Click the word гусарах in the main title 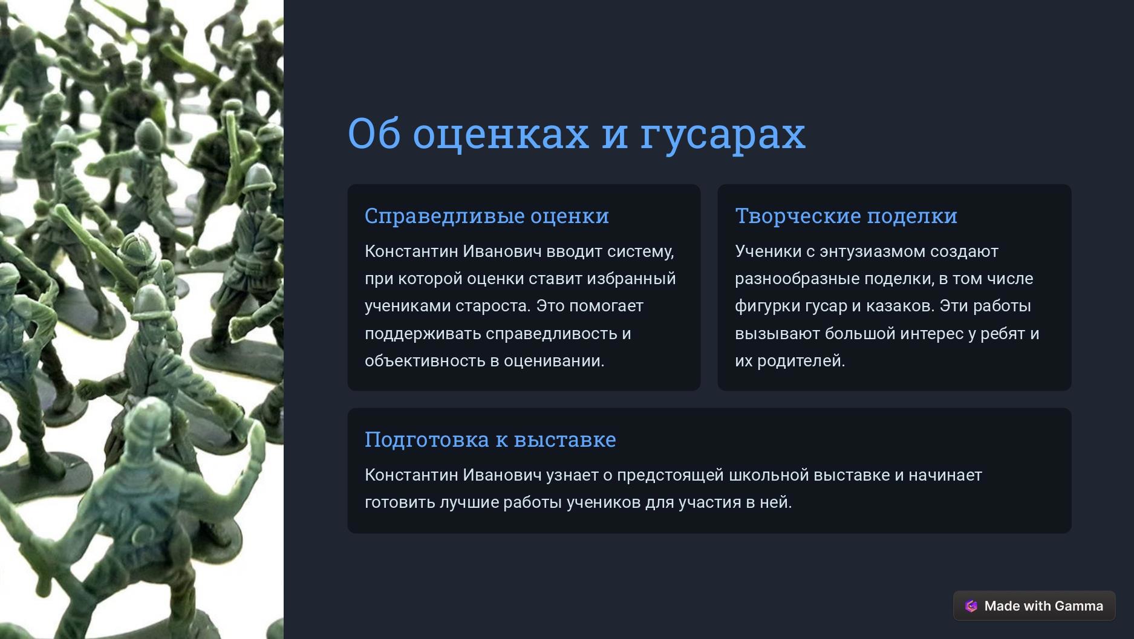[723, 135]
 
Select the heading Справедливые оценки [487, 216]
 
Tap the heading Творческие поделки [846, 216]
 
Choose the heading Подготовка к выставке [490, 440]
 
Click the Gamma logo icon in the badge [971, 606]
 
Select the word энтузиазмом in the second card [873, 251]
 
